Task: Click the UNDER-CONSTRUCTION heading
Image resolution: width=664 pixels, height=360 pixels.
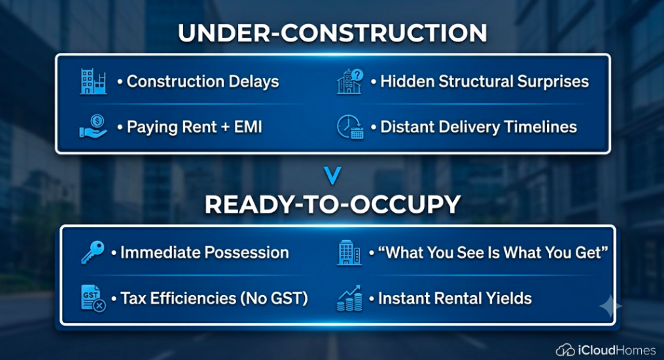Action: [332, 33]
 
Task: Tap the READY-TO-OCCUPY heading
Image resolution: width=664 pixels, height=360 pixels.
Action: [332, 204]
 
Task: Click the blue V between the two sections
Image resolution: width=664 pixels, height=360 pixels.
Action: [332, 176]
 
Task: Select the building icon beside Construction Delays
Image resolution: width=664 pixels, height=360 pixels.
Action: [93, 82]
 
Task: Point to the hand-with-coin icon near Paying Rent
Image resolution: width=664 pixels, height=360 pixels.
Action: [93, 126]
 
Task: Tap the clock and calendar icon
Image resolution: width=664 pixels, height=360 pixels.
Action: [350, 127]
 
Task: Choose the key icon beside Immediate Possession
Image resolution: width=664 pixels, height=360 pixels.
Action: [93, 252]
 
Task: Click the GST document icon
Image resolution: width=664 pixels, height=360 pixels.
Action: [93, 298]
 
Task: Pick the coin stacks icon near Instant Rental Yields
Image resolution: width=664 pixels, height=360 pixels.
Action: [350, 298]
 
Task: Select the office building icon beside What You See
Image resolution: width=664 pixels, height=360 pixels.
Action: [349, 253]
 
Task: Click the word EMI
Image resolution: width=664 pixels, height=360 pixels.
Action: [248, 126]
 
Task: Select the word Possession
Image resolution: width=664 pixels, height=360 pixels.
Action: [247, 252]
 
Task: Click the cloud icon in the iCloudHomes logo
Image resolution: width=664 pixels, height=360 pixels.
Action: [565, 350]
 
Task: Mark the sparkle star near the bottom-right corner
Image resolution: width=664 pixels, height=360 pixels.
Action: [611, 306]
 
